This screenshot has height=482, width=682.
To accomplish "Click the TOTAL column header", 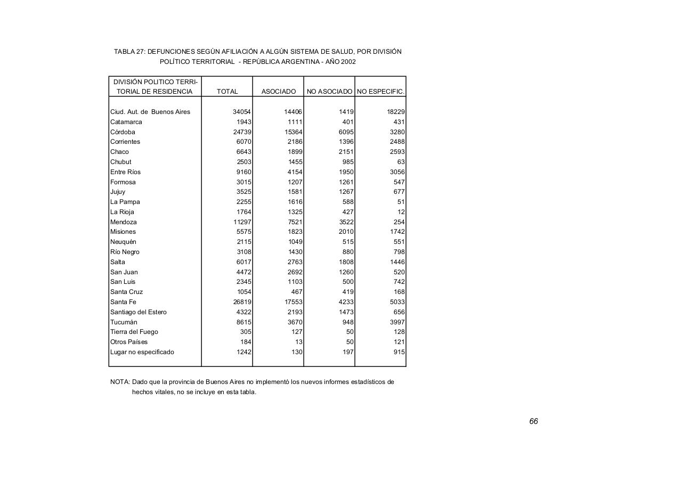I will [227, 92].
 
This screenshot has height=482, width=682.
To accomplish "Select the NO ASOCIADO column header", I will [329, 92].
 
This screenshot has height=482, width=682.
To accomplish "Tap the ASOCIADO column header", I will [278, 92].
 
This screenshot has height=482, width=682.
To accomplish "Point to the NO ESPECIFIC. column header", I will [380, 92].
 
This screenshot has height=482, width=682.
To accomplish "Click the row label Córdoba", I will [123, 132].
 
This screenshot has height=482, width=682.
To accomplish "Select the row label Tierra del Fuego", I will [134, 332].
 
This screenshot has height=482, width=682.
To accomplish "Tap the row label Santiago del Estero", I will [138, 312].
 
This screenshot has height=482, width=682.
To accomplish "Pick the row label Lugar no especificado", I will [142, 352].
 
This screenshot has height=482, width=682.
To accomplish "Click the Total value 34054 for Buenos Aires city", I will [242, 112].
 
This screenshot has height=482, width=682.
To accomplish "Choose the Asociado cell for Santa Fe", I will [293, 302].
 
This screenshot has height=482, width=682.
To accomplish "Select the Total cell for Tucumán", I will [243, 322].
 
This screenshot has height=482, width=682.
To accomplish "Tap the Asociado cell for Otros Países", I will [298, 342].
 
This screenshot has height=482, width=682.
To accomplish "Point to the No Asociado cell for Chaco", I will [346, 152].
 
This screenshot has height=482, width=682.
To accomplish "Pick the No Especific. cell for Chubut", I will [401, 162].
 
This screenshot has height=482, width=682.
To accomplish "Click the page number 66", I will [533, 421].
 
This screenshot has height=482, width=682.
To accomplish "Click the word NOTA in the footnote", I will [119, 382].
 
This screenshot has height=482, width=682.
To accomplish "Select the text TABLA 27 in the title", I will [129, 52].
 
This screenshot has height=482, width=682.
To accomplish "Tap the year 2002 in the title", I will [348, 62].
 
